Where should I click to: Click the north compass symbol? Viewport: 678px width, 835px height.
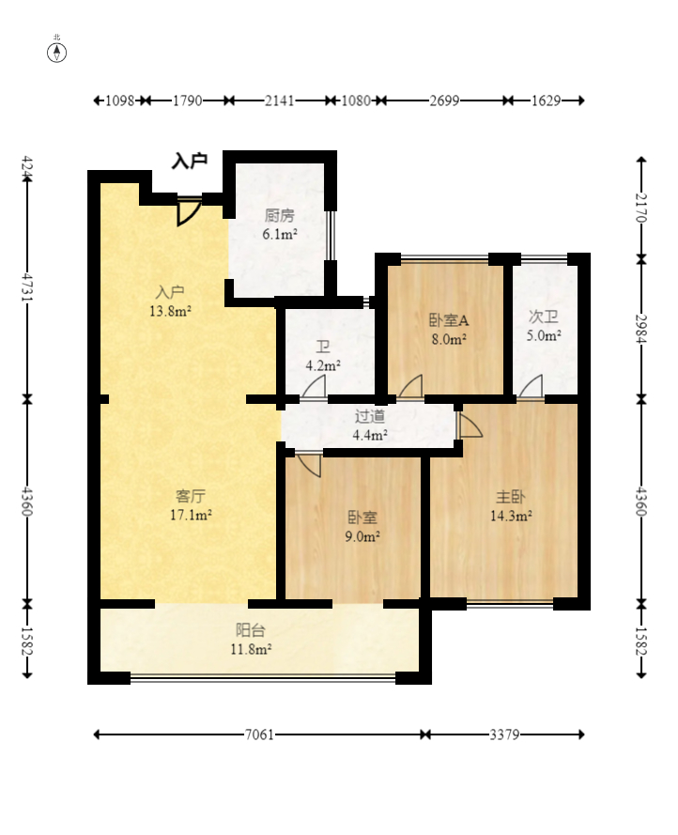tap(57, 53)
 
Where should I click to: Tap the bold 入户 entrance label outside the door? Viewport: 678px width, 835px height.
tap(190, 161)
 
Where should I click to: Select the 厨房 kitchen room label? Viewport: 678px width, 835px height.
tap(280, 216)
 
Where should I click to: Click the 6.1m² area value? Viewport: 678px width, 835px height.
tap(280, 234)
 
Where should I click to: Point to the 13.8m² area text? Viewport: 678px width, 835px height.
tap(170, 311)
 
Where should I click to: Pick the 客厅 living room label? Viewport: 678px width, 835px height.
tap(191, 496)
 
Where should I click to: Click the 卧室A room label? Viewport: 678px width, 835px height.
tap(449, 320)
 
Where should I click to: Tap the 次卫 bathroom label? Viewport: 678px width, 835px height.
tap(544, 317)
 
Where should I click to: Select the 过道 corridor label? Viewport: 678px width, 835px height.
tap(370, 416)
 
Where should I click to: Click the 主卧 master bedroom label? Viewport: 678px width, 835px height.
tap(511, 497)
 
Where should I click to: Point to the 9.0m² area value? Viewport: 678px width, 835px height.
tap(362, 536)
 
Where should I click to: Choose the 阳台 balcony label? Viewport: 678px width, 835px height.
tap(251, 630)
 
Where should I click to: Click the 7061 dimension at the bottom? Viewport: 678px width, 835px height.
tap(259, 734)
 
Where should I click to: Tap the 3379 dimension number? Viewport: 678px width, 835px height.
tap(504, 734)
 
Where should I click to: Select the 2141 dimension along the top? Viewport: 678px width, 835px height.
tap(280, 101)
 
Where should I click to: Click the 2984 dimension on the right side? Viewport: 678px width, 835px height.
tap(641, 329)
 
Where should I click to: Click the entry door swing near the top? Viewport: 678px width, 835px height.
tap(188, 212)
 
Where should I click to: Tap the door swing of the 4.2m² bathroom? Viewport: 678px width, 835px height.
tap(314, 385)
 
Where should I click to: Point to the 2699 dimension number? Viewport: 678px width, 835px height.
tap(445, 101)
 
